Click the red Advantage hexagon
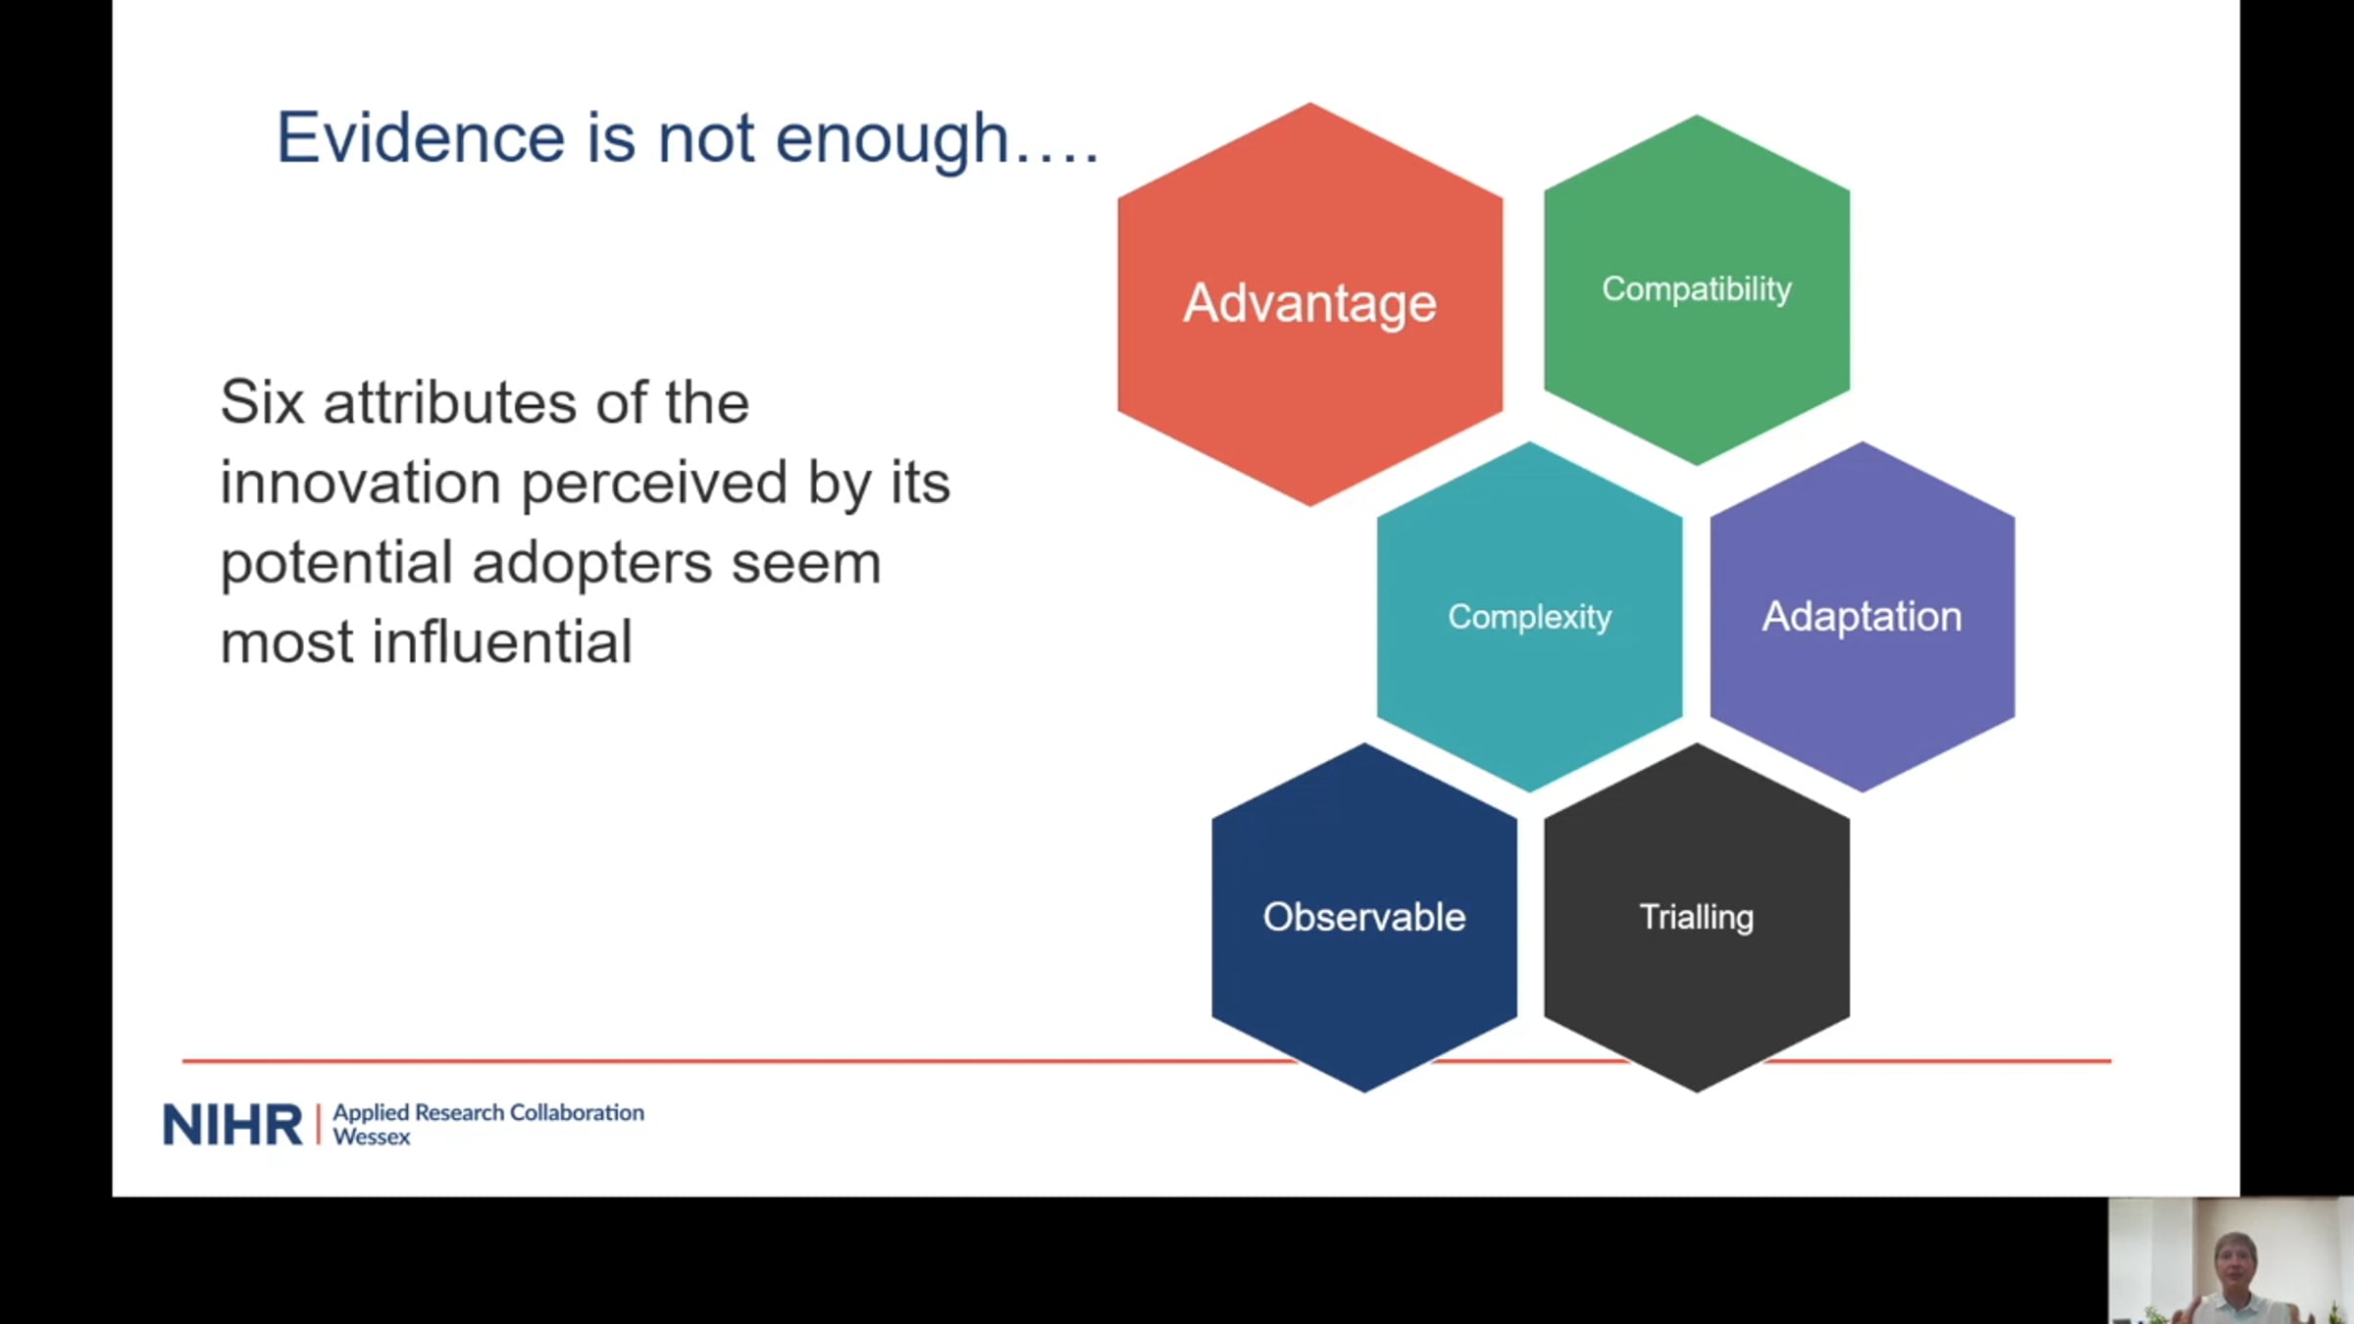[x=1309, y=304]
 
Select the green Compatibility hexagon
[x=1697, y=290]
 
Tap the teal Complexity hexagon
[x=1529, y=617]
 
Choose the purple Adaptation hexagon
[x=1863, y=617]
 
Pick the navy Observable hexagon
[x=1364, y=918]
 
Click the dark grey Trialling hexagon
[x=1697, y=918]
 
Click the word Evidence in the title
[x=421, y=137]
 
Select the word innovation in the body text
[x=360, y=483]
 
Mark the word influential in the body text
[x=502, y=642]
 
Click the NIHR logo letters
[x=232, y=1124]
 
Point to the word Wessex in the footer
[x=372, y=1137]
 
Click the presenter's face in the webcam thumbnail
[x=2235, y=1261]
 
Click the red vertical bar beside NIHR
[x=318, y=1124]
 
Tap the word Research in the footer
[x=459, y=1112]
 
